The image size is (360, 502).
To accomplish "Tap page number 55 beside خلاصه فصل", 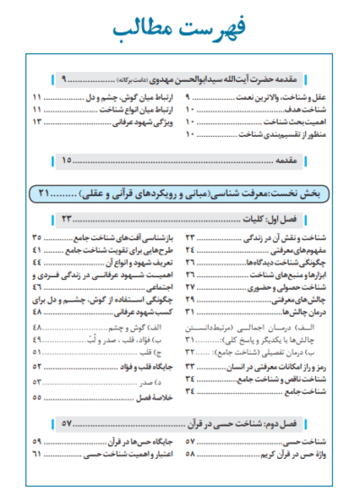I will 37,396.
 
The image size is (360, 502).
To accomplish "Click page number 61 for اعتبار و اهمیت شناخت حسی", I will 37,455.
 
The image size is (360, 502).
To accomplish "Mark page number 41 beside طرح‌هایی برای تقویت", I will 37,249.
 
